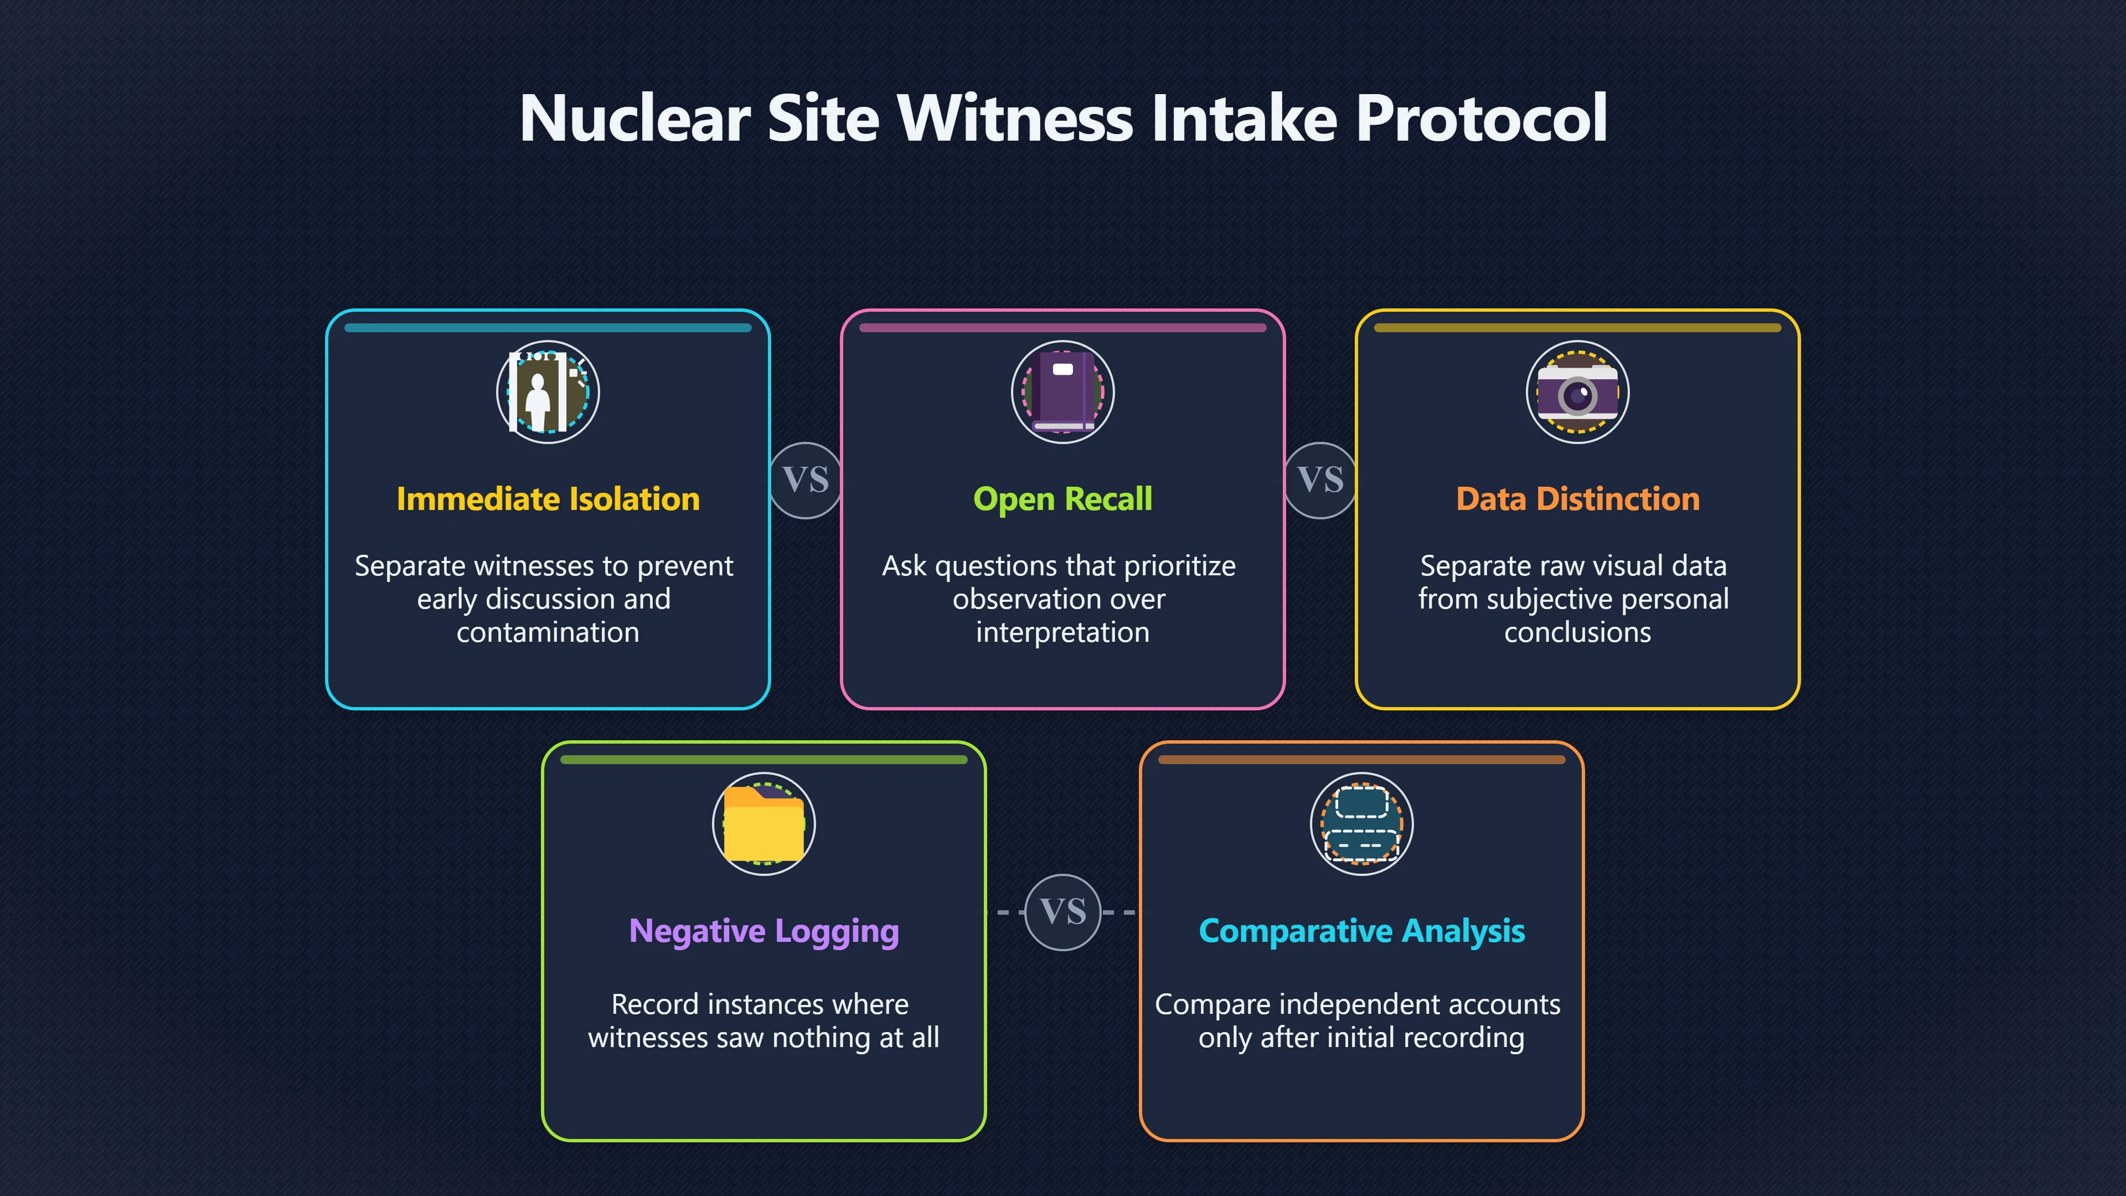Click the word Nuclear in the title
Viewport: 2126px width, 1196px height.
pos(634,118)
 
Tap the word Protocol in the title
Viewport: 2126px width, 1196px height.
pos(1482,118)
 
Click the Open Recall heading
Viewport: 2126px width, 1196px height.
pos(1063,499)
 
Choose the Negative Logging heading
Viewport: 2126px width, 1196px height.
pos(764,931)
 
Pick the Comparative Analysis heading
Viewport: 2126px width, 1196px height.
pos(1362,931)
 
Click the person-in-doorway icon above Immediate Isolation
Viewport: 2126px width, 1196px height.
pos(548,392)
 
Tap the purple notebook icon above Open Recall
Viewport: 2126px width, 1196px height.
pos(1063,392)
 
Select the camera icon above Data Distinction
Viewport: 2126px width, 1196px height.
pos(1578,392)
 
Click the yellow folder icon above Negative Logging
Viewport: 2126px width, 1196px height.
pos(764,824)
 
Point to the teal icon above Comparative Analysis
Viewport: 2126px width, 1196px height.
pos(1362,824)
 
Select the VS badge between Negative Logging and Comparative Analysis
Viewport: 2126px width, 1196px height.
pos(1063,912)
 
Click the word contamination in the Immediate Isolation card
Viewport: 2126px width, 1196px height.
pos(548,632)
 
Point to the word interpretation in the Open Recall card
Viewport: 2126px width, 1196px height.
pos(1063,633)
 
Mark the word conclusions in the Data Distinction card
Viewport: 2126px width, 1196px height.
pos(1578,632)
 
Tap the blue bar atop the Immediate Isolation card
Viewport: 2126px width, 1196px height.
pos(548,328)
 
